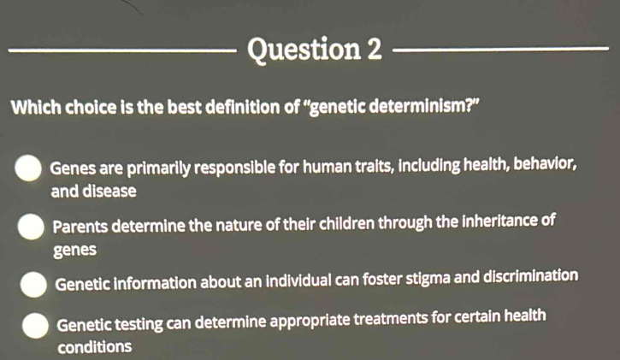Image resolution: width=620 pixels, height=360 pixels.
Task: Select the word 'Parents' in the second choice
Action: pos(80,226)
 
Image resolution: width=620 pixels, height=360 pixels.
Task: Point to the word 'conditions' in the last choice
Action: pos(94,347)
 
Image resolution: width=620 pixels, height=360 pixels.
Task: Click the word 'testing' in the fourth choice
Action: pos(139,324)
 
